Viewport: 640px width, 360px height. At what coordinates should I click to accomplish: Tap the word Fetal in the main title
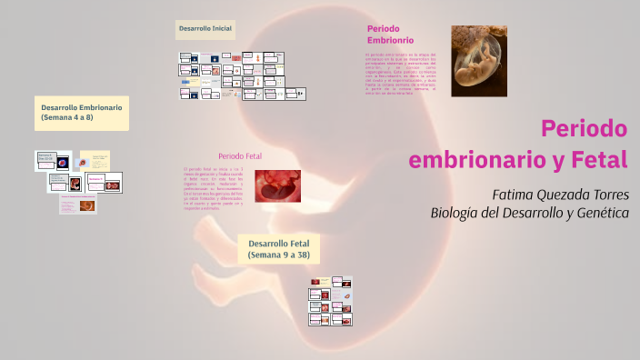coord(598,160)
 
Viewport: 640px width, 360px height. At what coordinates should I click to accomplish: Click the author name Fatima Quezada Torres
coord(560,195)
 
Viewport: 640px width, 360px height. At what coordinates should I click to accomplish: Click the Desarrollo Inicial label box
coord(206,30)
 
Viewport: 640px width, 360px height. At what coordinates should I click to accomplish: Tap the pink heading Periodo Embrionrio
coord(390,35)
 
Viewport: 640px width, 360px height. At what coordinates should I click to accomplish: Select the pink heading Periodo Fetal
coord(240,156)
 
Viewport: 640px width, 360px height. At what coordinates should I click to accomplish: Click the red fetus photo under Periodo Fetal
coord(277,186)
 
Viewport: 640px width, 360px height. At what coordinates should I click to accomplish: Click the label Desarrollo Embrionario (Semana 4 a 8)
coord(81,113)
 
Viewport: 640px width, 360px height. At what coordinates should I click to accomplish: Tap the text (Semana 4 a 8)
coord(67,118)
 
